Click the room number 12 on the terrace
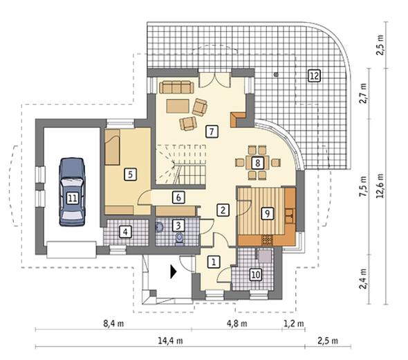[314, 75]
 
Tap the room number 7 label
[212, 132]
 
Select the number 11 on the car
[73, 199]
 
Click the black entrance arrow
[174, 272]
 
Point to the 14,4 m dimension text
[170, 341]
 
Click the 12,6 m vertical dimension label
[380, 186]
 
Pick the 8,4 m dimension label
[113, 323]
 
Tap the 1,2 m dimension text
[293, 323]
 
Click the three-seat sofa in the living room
[176, 87]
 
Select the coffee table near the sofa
[178, 106]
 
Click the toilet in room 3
[179, 239]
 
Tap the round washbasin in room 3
[159, 227]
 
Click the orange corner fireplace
[238, 120]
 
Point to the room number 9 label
[268, 214]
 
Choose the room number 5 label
[130, 174]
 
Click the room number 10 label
[256, 274]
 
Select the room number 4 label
[125, 232]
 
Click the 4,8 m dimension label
[237, 323]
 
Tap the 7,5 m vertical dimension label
[364, 186]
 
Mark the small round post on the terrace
[276, 75]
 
